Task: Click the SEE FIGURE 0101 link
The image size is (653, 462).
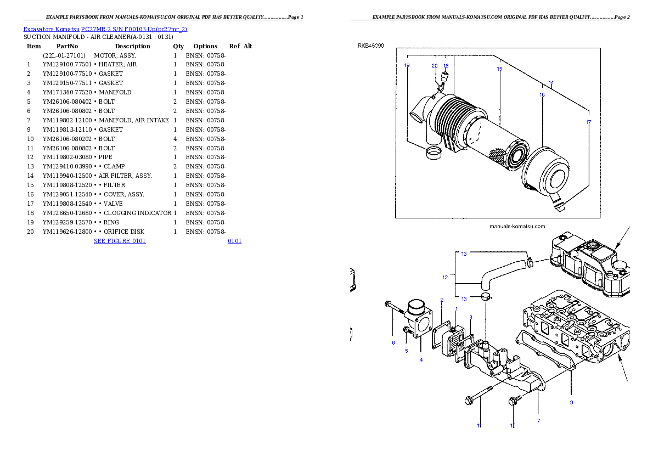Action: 120,240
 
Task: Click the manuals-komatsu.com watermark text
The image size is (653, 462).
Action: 517,226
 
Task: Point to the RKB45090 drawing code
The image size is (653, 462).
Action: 371,46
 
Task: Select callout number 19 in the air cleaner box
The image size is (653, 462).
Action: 407,65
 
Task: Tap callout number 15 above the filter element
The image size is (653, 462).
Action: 499,69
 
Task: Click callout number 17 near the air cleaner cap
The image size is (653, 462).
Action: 588,122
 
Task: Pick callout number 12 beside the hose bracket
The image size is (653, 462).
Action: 445,278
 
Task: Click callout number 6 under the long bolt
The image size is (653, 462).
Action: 393,343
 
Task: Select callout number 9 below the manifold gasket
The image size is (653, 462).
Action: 571,402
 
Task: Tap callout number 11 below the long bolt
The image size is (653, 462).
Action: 479,425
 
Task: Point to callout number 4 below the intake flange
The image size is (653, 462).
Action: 421,360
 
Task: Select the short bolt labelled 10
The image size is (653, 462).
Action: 515,401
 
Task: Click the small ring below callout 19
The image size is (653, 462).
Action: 435,152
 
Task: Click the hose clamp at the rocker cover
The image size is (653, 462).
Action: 530,262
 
